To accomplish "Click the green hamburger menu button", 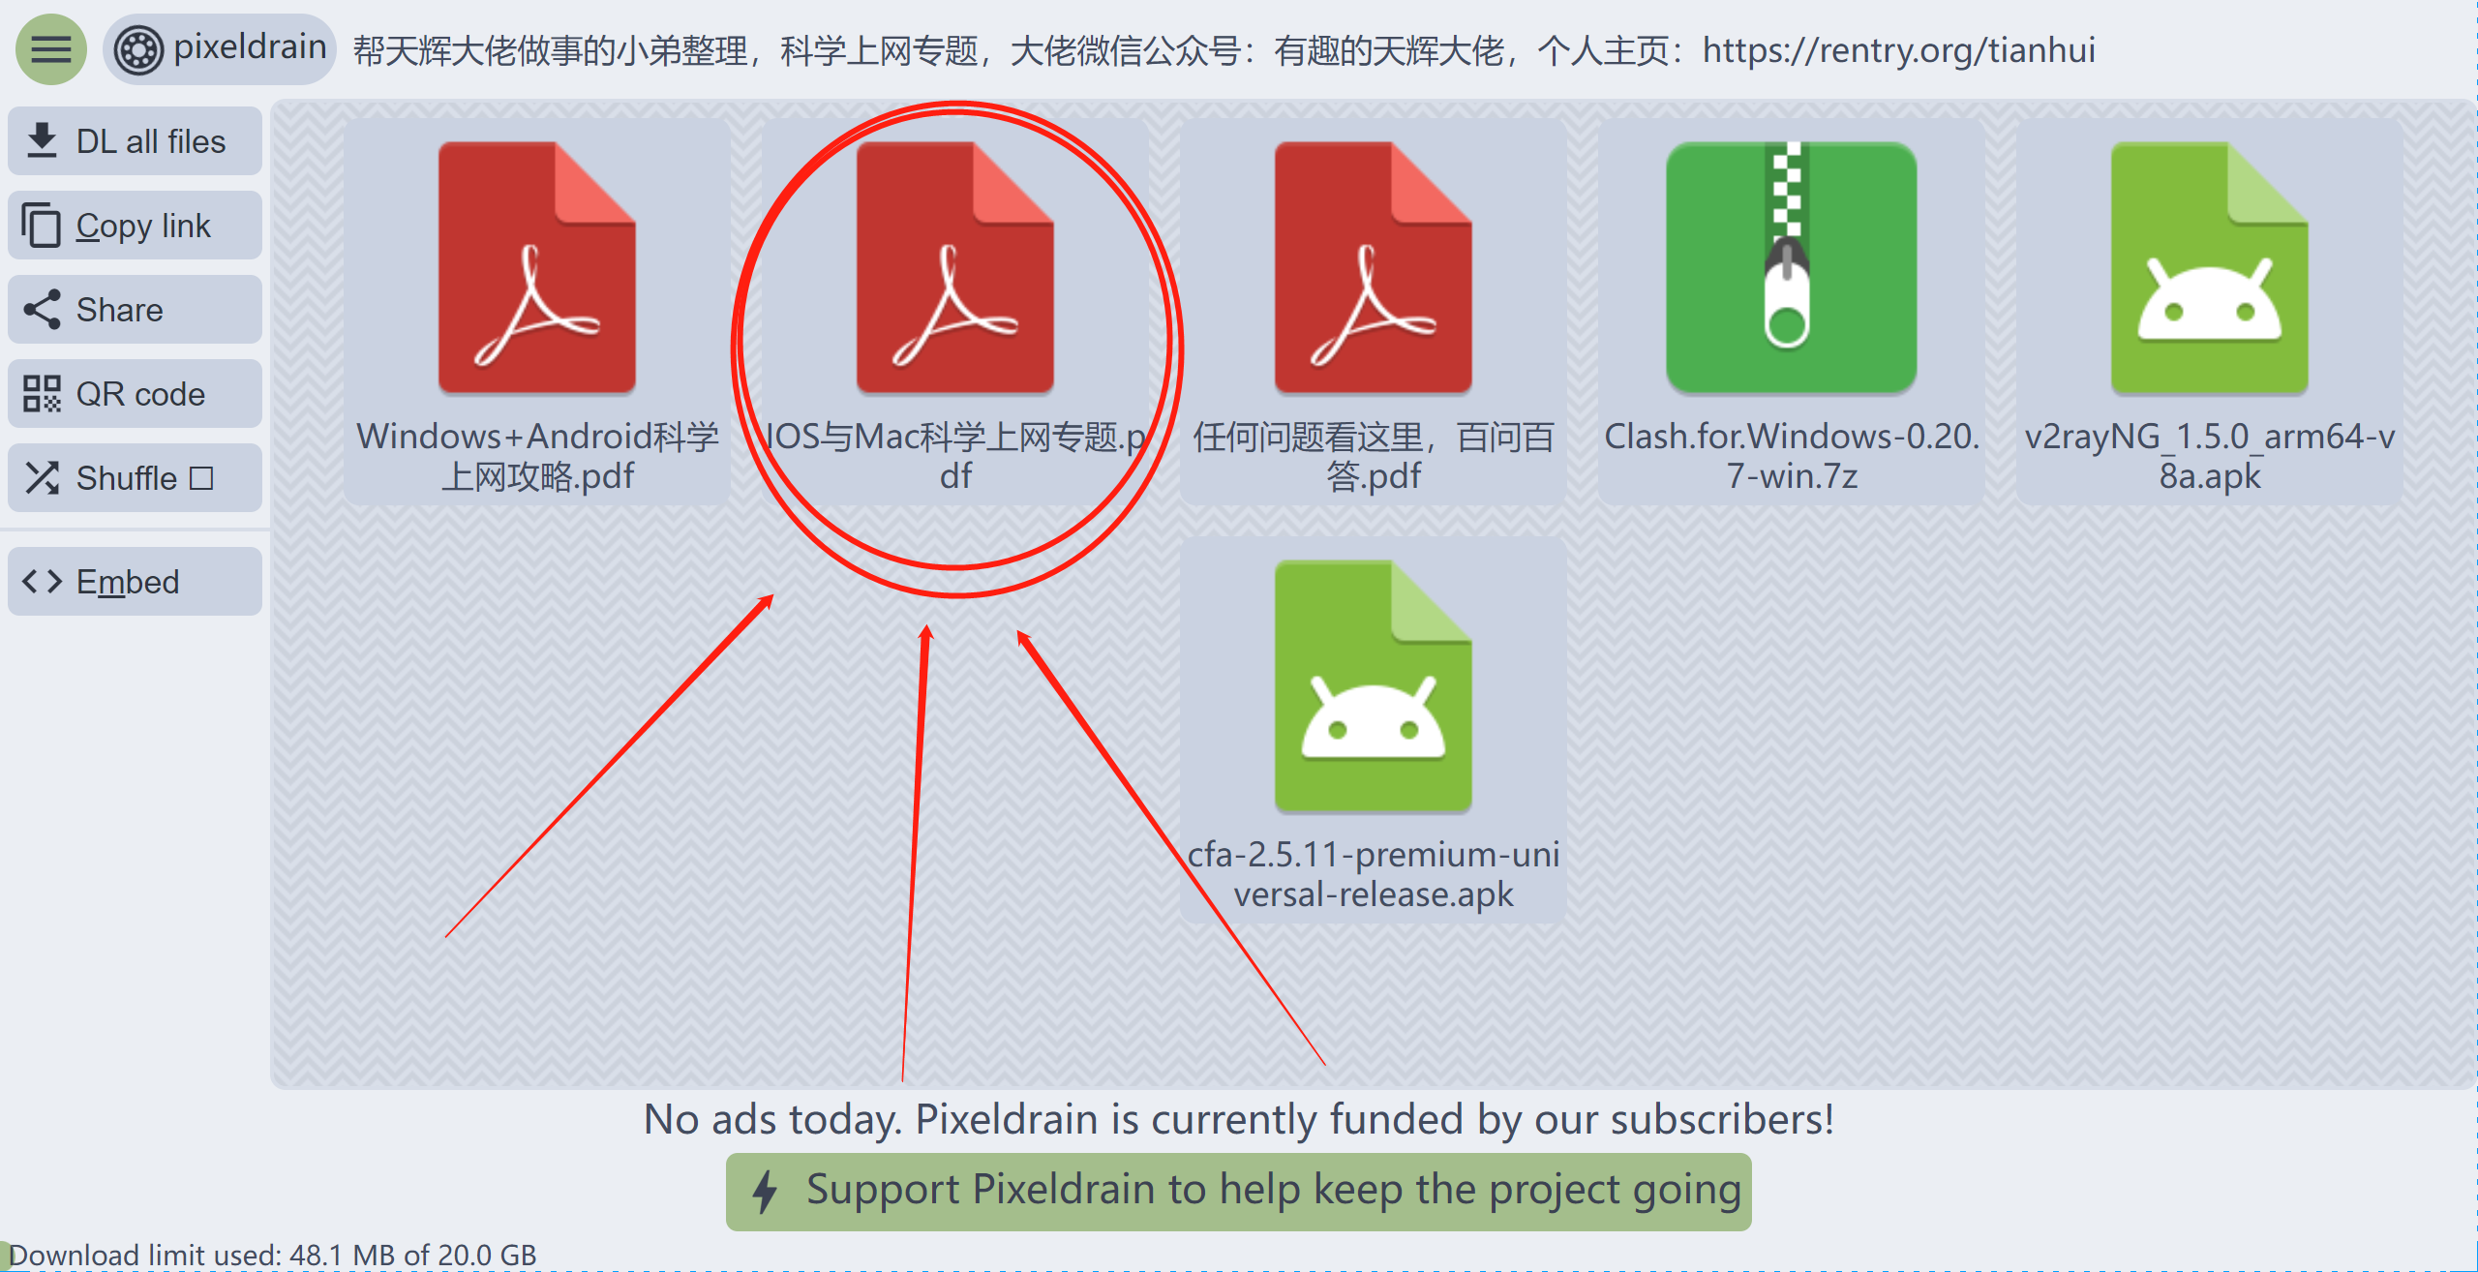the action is click(50, 49).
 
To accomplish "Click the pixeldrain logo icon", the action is click(138, 50).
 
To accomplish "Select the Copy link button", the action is click(135, 226).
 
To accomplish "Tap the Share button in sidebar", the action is click(135, 310).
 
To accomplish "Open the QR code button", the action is click(135, 394).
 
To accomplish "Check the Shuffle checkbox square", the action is click(201, 478).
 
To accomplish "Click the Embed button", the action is click(135, 582).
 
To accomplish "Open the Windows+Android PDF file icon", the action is click(537, 267).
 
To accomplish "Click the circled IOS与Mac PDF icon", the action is click(954, 267).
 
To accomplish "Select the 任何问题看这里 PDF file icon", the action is click(1373, 267).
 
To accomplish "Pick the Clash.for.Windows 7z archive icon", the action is click(1791, 267).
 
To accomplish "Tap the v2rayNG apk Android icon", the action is click(2209, 267).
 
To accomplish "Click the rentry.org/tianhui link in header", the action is click(1898, 49).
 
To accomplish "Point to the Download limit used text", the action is click(272, 1256).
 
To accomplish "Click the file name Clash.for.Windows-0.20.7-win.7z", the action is click(1792, 456).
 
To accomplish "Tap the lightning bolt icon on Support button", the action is click(765, 1192).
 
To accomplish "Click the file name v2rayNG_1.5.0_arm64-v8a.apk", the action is click(2209, 456).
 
